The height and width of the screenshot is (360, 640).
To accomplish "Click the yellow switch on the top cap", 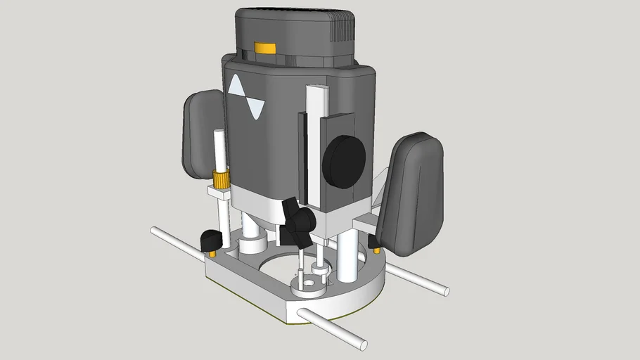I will pyautogui.click(x=265, y=48).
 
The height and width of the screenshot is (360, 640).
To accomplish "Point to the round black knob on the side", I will pyautogui.click(x=344, y=162).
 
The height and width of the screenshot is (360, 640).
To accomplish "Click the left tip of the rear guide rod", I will pyautogui.click(x=155, y=230).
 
